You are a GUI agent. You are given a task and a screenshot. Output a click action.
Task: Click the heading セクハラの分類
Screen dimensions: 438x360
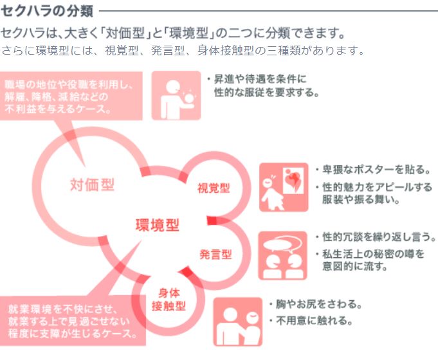coord(48,10)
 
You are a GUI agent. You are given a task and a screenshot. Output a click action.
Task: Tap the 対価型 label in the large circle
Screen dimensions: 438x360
coord(92,185)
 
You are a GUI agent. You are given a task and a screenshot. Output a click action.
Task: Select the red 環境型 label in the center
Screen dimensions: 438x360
coord(157,224)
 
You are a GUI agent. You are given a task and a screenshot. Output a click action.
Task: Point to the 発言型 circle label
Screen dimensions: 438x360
coord(215,253)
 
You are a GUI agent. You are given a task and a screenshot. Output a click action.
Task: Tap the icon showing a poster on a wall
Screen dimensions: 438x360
coord(283,187)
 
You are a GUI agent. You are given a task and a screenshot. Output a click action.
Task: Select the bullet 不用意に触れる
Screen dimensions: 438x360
coord(315,320)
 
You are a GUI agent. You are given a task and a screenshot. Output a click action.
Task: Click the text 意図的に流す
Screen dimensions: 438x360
coord(354,266)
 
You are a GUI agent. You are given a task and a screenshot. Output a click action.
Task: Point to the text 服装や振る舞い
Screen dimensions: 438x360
coord(361,200)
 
